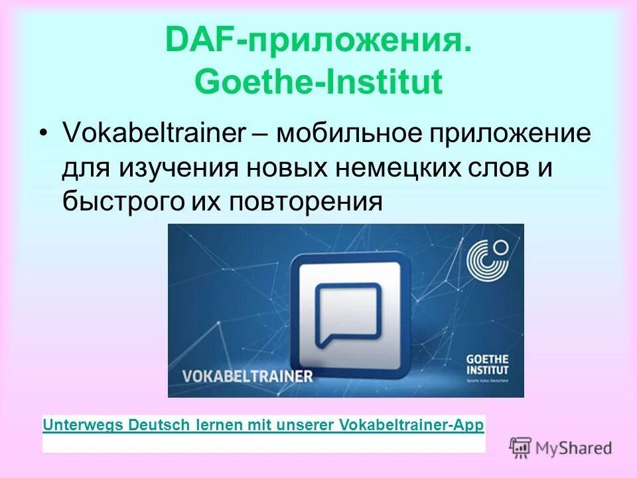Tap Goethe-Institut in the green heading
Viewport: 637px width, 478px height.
tap(318, 83)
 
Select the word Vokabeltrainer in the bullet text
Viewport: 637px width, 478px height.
tap(154, 133)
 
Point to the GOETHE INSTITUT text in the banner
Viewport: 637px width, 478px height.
tap(488, 364)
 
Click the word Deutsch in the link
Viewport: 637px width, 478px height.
tap(159, 424)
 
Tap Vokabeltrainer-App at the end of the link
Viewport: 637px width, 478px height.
tap(411, 424)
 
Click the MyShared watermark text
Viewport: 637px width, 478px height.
tap(574, 448)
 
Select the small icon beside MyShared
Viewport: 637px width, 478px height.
tap(521, 447)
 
